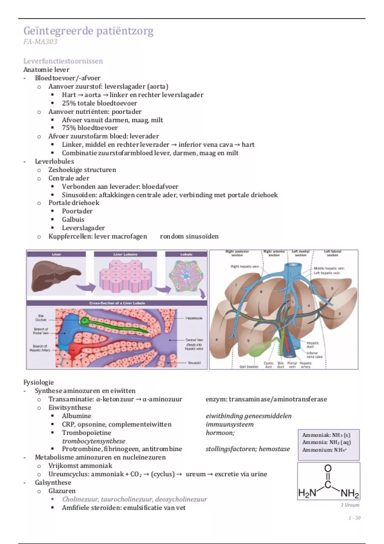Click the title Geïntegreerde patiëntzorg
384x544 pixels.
(x=88, y=31)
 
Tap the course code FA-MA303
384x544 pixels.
(x=40, y=42)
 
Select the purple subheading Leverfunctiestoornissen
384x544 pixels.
(x=63, y=61)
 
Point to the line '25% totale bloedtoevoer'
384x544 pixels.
(x=99, y=103)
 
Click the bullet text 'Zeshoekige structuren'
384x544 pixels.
(x=82, y=170)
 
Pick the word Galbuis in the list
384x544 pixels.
(x=73, y=220)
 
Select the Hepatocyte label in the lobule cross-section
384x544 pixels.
(x=194, y=318)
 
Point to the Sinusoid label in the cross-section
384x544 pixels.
(x=194, y=363)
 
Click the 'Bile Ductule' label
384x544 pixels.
(x=41, y=318)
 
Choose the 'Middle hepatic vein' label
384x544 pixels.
(x=329, y=268)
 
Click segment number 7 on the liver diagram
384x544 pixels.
(x=236, y=285)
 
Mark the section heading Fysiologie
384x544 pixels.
(x=39, y=382)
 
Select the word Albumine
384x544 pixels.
(x=76, y=416)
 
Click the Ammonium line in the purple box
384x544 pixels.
(x=324, y=450)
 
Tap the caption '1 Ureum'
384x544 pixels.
(x=350, y=505)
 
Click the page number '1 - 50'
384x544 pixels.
(x=354, y=518)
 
